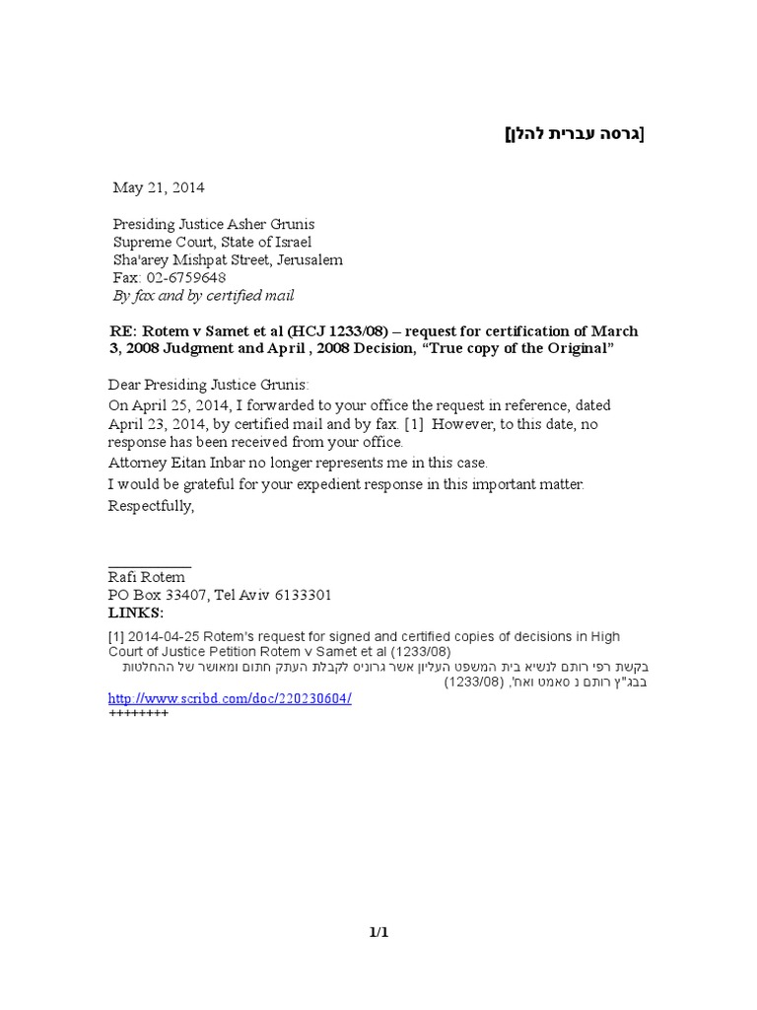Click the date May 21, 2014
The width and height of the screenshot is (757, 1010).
click(160, 187)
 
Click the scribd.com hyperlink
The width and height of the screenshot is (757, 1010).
click(229, 698)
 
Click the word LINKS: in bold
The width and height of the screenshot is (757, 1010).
click(136, 613)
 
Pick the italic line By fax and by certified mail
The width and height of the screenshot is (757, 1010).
click(203, 296)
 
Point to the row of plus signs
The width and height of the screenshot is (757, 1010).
click(138, 713)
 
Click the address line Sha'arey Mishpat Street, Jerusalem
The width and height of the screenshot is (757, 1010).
click(228, 260)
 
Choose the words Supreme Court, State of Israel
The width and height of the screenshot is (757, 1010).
click(212, 243)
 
